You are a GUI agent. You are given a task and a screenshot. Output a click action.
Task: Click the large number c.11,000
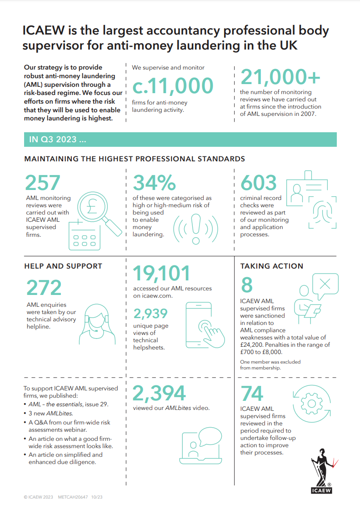coord(173,86)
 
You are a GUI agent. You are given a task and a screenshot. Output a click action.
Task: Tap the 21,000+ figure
coord(280,77)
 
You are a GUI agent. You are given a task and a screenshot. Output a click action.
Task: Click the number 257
coord(43,183)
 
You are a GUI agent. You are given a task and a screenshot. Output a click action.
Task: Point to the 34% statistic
coord(154,183)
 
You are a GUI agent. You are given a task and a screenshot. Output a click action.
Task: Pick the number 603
coord(259,183)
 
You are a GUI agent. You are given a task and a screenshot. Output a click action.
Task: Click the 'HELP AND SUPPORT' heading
coord(63,266)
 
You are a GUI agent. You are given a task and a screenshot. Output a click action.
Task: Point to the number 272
coord(44,288)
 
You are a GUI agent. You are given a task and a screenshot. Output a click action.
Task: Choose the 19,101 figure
coord(161,274)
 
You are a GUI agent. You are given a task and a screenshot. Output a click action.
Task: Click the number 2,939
coord(150,314)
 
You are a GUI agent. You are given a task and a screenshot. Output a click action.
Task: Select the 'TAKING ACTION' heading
coord(272,266)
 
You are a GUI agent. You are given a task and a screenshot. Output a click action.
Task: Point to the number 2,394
coord(159,394)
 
